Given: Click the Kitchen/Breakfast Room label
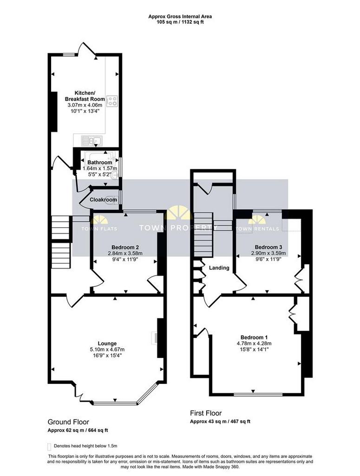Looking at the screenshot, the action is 85,96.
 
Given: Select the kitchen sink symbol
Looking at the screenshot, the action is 92,140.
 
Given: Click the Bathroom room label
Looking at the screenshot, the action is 99,162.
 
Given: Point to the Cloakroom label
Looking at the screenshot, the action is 103,200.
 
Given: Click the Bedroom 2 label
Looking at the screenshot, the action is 125,247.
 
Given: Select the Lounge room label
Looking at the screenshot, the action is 107,344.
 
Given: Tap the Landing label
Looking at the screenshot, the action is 219,268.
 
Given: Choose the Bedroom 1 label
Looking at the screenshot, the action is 254,337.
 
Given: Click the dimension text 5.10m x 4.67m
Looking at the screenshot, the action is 107,350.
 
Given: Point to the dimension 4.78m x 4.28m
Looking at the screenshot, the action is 254,344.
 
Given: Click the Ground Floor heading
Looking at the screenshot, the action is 68,422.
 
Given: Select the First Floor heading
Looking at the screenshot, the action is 206,413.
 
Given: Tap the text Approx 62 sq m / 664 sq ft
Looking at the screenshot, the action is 78,430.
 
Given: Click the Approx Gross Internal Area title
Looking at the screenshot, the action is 180,16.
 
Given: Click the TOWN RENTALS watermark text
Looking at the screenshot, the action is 257,229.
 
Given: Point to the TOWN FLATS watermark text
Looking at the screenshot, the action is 99,229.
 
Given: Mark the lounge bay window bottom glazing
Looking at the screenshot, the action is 115,403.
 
